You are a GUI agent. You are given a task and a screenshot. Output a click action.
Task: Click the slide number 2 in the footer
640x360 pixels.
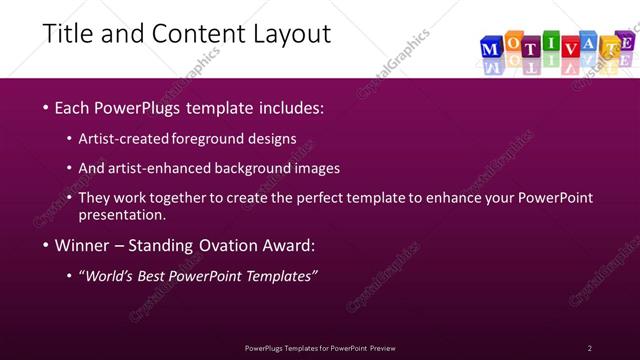pos(590,348)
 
